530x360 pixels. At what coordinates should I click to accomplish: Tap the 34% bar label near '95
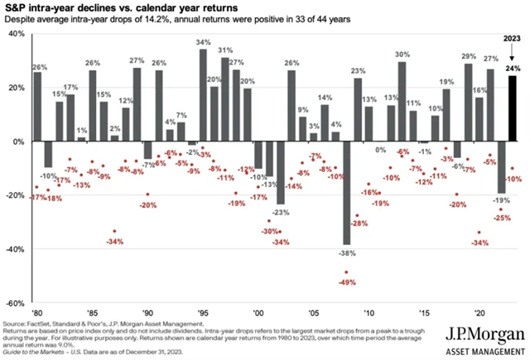[x=203, y=42]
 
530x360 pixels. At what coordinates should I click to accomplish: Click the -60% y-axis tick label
[x=14, y=302]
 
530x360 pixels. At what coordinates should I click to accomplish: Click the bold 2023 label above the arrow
[x=513, y=37]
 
